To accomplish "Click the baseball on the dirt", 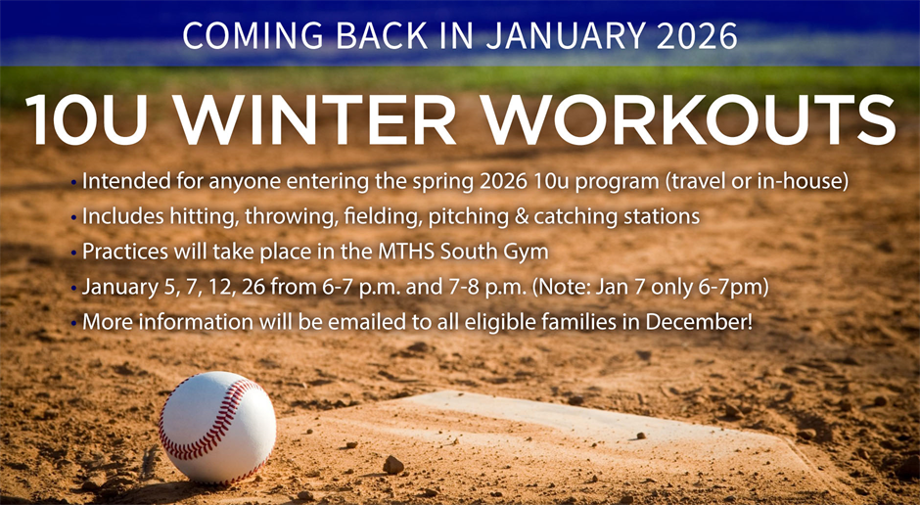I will click(217, 428).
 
